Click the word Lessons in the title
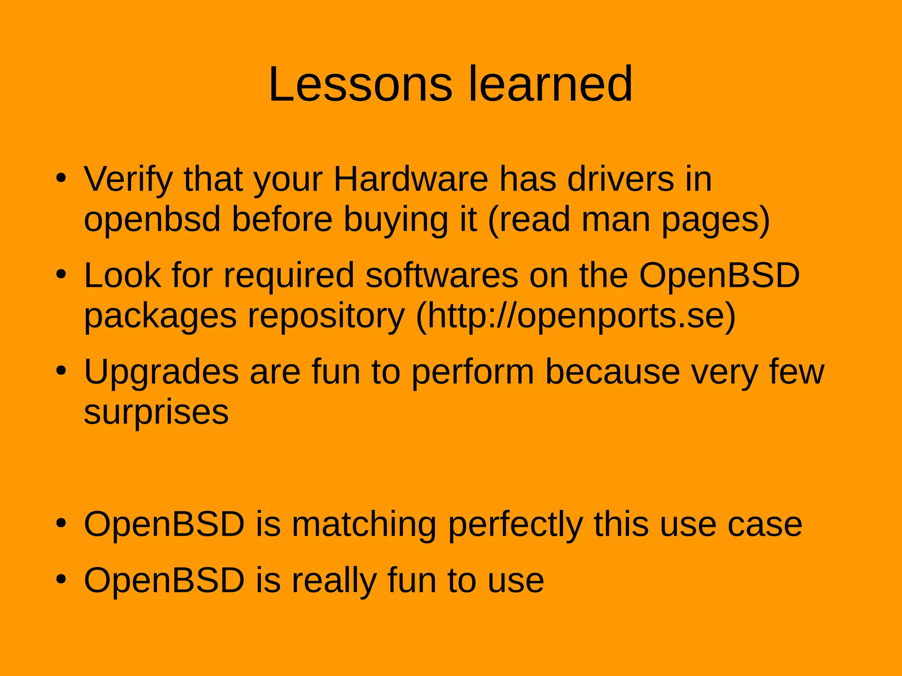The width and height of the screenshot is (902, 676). point(360,84)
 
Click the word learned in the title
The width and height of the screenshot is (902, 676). point(551,84)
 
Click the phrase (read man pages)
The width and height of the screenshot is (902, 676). point(629,220)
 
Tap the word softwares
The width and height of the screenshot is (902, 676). point(442,276)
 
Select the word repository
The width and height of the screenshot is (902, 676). point(326,316)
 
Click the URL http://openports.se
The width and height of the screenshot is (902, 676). point(576,316)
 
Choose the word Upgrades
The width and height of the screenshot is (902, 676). point(161,373)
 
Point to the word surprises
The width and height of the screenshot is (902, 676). point(156,412)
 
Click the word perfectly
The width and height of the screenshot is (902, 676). point(515,525)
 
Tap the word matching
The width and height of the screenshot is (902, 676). point(364,525)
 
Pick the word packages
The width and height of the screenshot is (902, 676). point(160,316)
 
